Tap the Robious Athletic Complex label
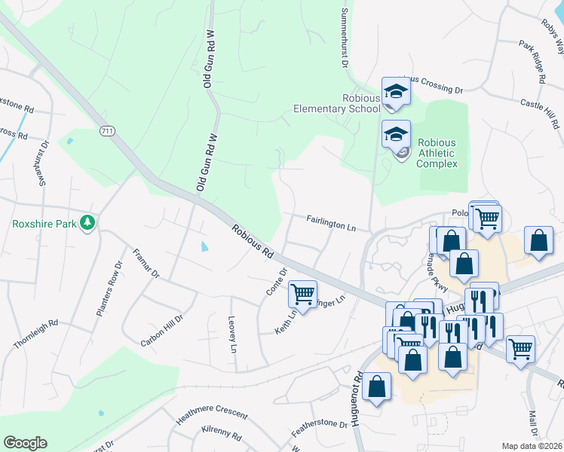437,152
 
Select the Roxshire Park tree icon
88,223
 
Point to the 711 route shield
107,131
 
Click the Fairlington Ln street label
331,223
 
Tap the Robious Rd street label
253,240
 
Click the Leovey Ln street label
232,334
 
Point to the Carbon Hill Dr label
161,331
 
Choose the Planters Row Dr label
109,289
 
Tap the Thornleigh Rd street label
35,334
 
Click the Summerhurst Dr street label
345,38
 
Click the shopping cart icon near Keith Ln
302,294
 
